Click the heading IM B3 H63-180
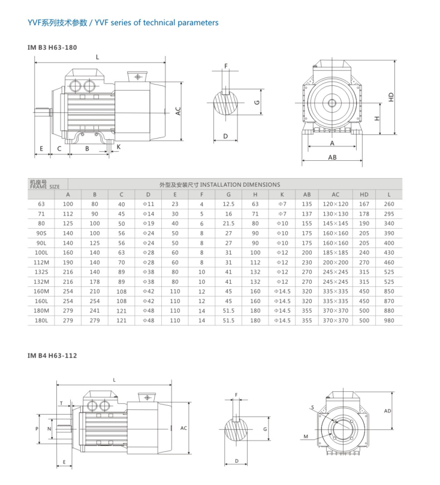(52, 47)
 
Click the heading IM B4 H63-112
(52, 355)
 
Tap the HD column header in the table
(364, 194)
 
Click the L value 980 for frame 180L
(390, 321)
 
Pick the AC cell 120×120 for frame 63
(335, 204)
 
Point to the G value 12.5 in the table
(228, 204)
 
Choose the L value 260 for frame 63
(390, 204)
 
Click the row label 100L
(41, 253)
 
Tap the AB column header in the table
(307, 194)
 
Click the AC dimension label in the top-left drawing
(178, 110)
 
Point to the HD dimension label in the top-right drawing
(391, 96)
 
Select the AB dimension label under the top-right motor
(331, 158)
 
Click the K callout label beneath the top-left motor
(118, 146)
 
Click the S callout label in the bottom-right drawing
(312, 408)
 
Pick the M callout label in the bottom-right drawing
(306, 437)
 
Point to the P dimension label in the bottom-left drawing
(37, 429)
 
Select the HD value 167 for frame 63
(364, 204)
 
